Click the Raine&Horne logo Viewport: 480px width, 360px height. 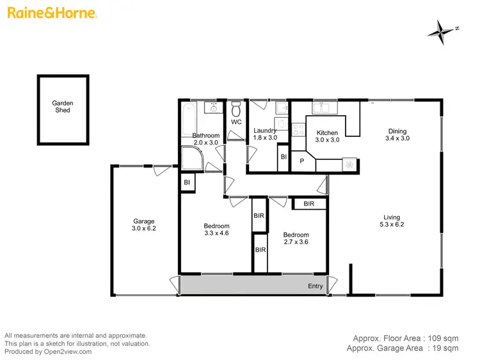point(52,13)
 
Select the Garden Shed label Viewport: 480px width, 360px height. point(61,107)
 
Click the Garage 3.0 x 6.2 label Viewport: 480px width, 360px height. point(143,225)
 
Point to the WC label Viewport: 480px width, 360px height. point(236,121)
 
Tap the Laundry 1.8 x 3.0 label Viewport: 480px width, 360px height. point(265,134)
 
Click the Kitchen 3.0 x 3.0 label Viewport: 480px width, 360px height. point(326,136)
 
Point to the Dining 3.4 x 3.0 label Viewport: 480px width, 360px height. point(397,134)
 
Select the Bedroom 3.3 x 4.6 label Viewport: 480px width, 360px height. point(216,230)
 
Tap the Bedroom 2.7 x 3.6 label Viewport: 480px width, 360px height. point(296,239)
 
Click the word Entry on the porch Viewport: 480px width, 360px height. point(316,286)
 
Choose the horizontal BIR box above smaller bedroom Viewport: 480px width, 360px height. point(309,204)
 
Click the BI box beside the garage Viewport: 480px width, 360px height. point(188,183)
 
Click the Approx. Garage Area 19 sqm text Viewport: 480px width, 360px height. point(403,348)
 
